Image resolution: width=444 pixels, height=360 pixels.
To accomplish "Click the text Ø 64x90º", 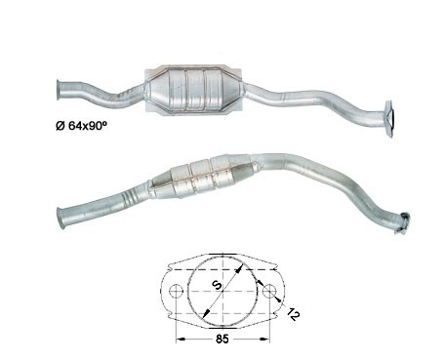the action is [x=81, y=126].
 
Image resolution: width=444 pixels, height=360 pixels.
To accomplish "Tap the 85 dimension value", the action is [x=222, y=339].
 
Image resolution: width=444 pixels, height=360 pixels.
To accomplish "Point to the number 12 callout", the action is [x=293, y=313].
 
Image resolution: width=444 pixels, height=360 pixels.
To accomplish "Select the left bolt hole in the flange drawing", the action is [x=176, y=291].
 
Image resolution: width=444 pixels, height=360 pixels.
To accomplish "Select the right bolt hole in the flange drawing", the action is [x=269, y=291].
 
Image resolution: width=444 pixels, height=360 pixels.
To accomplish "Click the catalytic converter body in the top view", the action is [x=193, y=90].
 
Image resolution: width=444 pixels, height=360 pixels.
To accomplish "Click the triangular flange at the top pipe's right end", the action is [x=389, y=118].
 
